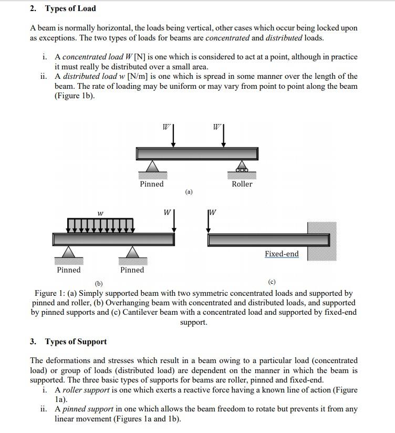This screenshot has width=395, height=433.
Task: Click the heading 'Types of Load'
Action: [70, 8]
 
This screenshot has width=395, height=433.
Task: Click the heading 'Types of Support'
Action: [76, 342]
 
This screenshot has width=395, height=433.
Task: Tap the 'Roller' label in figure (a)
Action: [242, 184]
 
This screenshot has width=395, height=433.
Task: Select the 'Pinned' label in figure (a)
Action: [151, 184]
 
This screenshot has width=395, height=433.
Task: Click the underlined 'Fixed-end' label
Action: [282, 254]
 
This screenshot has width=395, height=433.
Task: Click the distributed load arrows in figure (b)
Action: [100, 225]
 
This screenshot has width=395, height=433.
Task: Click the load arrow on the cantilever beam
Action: [209, 221]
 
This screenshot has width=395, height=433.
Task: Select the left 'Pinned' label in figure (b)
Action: [69, 270]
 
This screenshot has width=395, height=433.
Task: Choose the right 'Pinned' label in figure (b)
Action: [132, 270]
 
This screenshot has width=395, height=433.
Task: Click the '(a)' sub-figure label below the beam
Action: [189, 192]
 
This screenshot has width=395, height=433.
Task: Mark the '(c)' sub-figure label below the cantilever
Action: [272, 282]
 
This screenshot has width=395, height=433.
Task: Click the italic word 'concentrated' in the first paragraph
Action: [225, 38]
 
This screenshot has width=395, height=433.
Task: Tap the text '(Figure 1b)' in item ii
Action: [75, 96]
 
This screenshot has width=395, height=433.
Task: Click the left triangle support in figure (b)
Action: [69, 253]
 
